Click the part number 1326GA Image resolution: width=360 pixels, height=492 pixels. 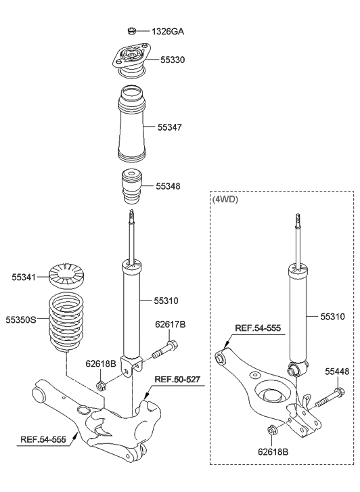(x=168, y=31)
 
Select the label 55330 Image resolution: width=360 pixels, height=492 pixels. (x=172, y=60)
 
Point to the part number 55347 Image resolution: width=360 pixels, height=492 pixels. (x=169, y=127)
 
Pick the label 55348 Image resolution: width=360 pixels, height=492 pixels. (x=169, y=185)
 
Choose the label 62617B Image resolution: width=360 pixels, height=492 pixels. (x=170, y=324)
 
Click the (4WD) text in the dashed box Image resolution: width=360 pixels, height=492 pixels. (x=227, y=200)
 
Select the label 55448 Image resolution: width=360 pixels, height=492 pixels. (x=337, y=371)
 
